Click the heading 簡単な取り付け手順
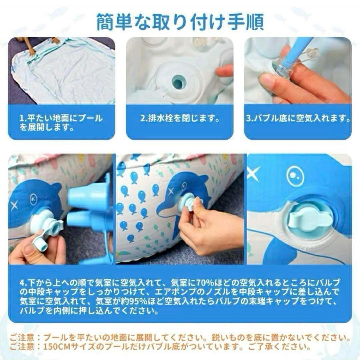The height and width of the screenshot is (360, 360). click(x=180, y=22)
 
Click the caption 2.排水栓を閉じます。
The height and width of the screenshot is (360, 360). click(x=180, y=118)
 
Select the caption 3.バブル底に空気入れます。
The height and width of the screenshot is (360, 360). click(x=298, y=118)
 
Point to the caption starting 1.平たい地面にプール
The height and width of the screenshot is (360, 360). click(x=61, y=123)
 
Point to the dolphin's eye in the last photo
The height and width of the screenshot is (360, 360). click(x=295, y=175)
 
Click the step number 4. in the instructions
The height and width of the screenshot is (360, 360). click(x=23, y=283)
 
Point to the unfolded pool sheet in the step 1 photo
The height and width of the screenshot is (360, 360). click(x=64, y=71)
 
